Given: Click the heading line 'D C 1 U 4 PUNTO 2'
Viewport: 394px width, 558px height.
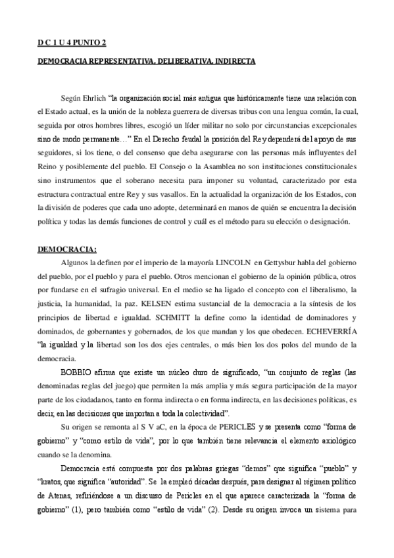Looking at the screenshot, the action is pos(71,43).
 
